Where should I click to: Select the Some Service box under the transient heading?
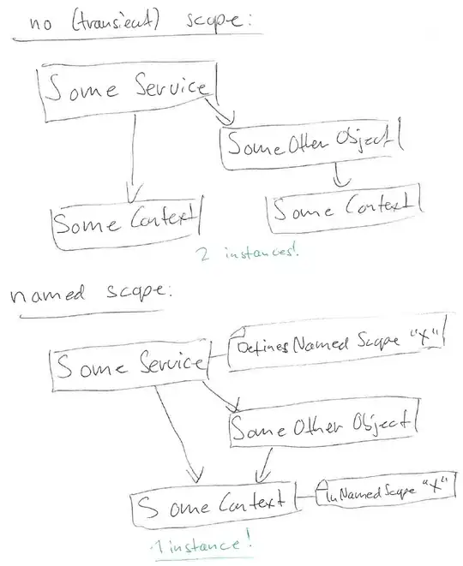129,88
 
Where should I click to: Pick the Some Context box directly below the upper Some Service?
124,224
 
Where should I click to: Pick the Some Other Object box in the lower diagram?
322,424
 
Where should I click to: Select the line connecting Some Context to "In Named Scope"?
304,497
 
